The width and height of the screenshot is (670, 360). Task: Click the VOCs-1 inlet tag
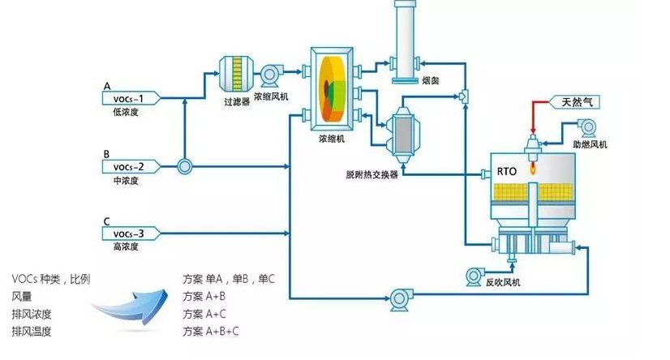point(128,98)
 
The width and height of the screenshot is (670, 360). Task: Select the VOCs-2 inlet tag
point(128,166)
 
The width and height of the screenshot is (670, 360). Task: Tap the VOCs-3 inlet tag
point(128,234)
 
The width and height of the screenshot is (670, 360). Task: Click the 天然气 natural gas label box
point(577,102)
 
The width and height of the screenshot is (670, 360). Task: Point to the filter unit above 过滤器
point(237,74)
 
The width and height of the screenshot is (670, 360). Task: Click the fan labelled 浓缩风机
point(269,75)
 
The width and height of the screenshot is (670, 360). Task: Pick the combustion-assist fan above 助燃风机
point(587,127)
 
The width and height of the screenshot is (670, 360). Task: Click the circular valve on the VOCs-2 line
point(185,166)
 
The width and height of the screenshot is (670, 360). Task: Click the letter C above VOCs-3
point(107,221)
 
